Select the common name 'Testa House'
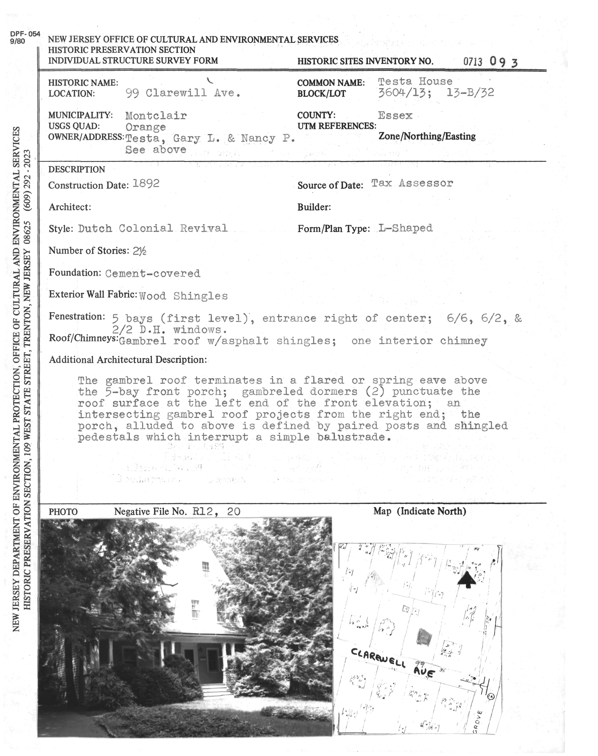[x=415, y=81]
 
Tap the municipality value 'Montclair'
[x=156, y=115]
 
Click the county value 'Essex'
[x=395, y=115]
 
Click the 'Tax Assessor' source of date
[x=412, y=183]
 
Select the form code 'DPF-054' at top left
[x=25, y=34]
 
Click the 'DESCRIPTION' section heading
[x=77, y=170]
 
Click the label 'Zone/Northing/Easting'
[x=427, y=136]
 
